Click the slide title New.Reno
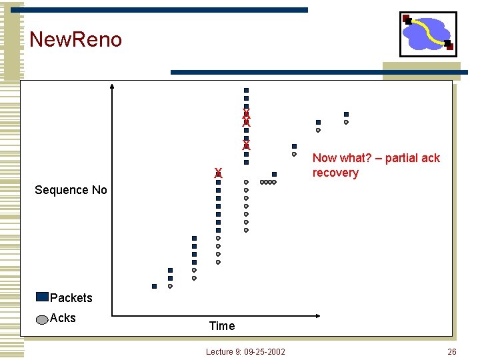pos(76,39)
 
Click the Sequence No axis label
pos(71,190)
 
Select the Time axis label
pos(222,326)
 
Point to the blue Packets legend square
pos(43,297)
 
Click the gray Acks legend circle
pos(43,319)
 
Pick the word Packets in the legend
pos(71,297)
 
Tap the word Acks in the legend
pos(63,318)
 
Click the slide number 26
pos(451,351)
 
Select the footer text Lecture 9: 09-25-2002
pos(245,351)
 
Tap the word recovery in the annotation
pos(335,173)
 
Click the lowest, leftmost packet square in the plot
pos(154,286)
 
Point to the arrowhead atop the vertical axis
pos(112,86)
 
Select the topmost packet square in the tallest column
pos(246,90)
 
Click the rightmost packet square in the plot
pos(346,114)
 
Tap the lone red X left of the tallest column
pos(218,173)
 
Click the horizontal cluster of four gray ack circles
pos(268,182)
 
